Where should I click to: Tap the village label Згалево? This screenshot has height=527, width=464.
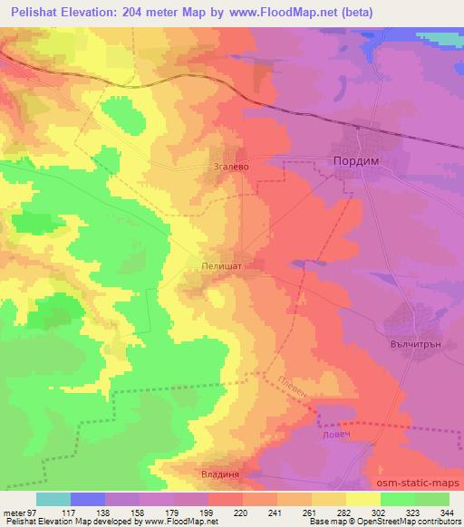(230, 167)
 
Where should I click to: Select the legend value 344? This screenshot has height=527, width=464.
(445, 512)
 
